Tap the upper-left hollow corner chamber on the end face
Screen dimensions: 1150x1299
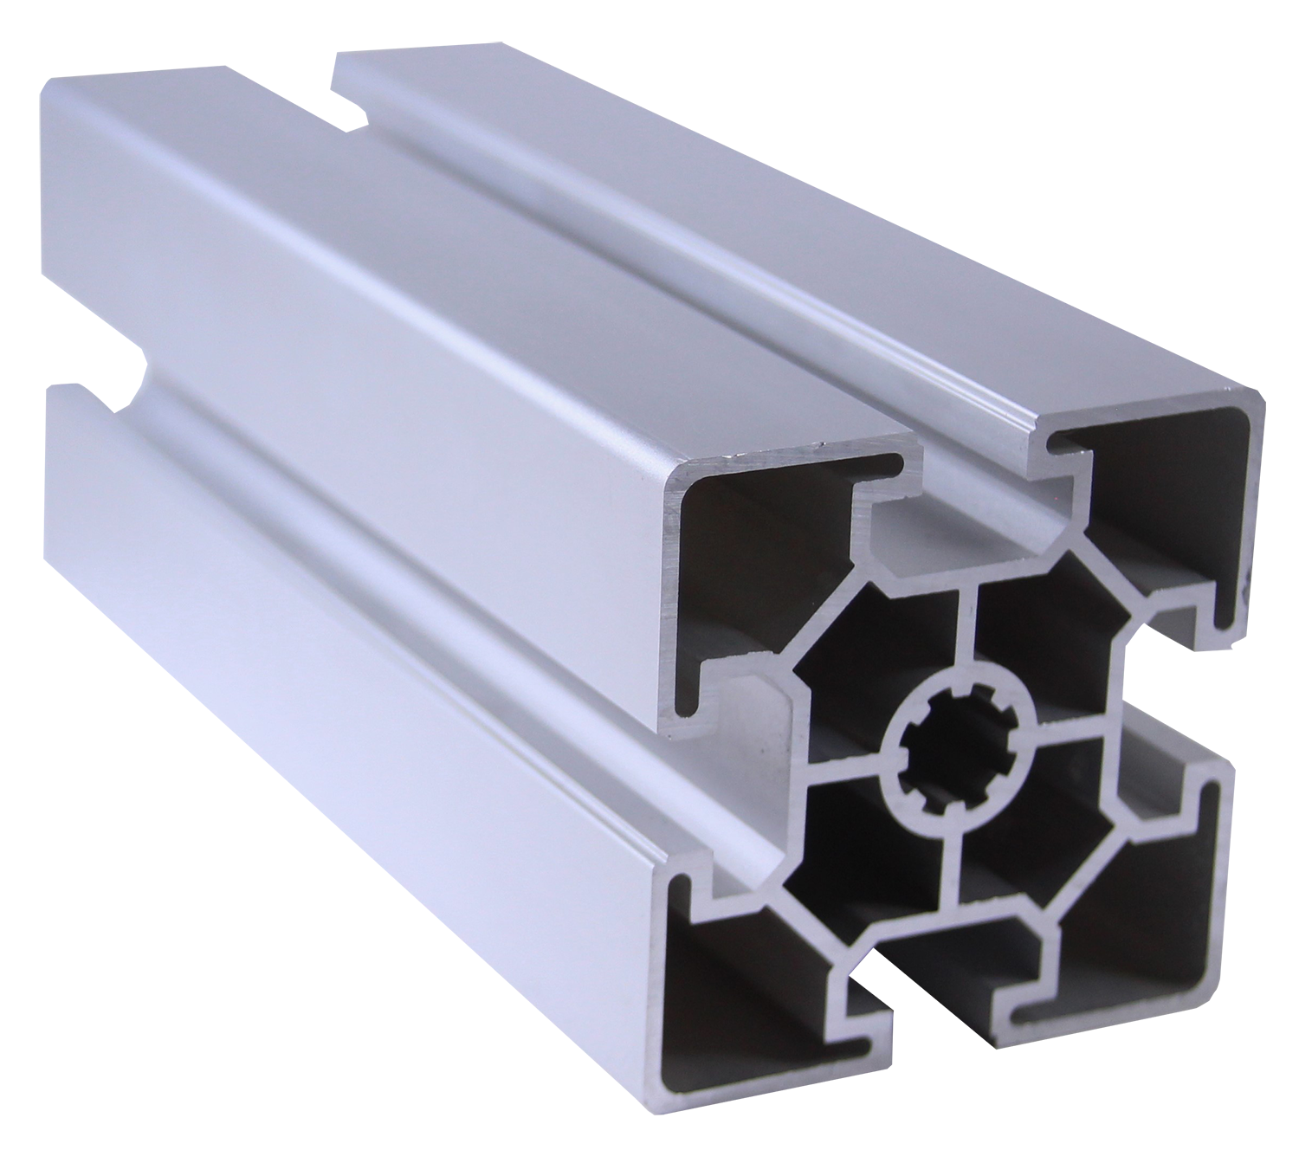pyautogui.click(x=762, y=554)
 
